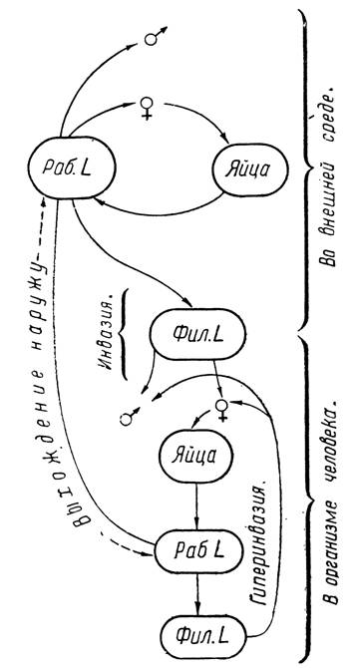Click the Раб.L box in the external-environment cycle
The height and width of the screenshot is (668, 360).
[x=72, y=167]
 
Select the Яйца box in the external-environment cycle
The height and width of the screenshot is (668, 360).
[x=250, y=169]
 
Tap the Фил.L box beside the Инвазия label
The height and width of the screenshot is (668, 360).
[x=197, y=335]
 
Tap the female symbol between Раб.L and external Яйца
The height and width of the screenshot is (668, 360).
[x=147, y=109]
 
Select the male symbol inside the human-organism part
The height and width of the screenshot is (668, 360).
[x=130, y=417]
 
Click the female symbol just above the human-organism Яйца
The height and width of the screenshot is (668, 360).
[x=221, y=410]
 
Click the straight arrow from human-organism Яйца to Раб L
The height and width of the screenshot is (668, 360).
[x=196, y=506]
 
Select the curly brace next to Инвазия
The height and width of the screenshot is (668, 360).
[x=124, y=333]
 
